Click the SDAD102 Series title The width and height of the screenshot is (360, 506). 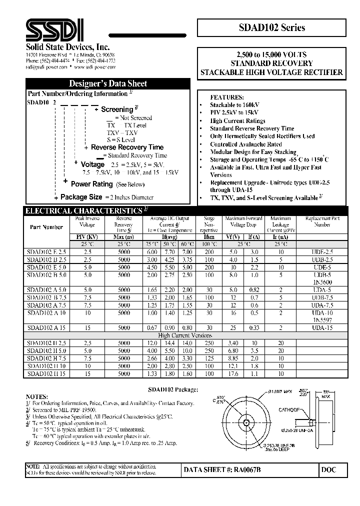pyautogui.click(x=272, y=28)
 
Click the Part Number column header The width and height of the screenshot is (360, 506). pyautogui.click(x=46, y=227)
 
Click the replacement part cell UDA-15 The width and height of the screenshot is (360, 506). pyautogui.click(x=322, y=327)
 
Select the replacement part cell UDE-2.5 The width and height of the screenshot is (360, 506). pyautogui.click(x=322, y=252)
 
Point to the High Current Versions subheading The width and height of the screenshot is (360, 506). pyautogui.click(x=185, y=335)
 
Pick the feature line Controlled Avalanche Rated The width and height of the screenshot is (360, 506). pyautogui.click(x=246, y=144)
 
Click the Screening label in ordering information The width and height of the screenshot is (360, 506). pyautogui.click(x=117, y=109)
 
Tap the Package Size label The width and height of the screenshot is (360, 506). pyautogui.click(x=81, y=197)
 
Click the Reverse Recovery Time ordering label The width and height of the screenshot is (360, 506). pyautogui.click(x=127, y=147)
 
